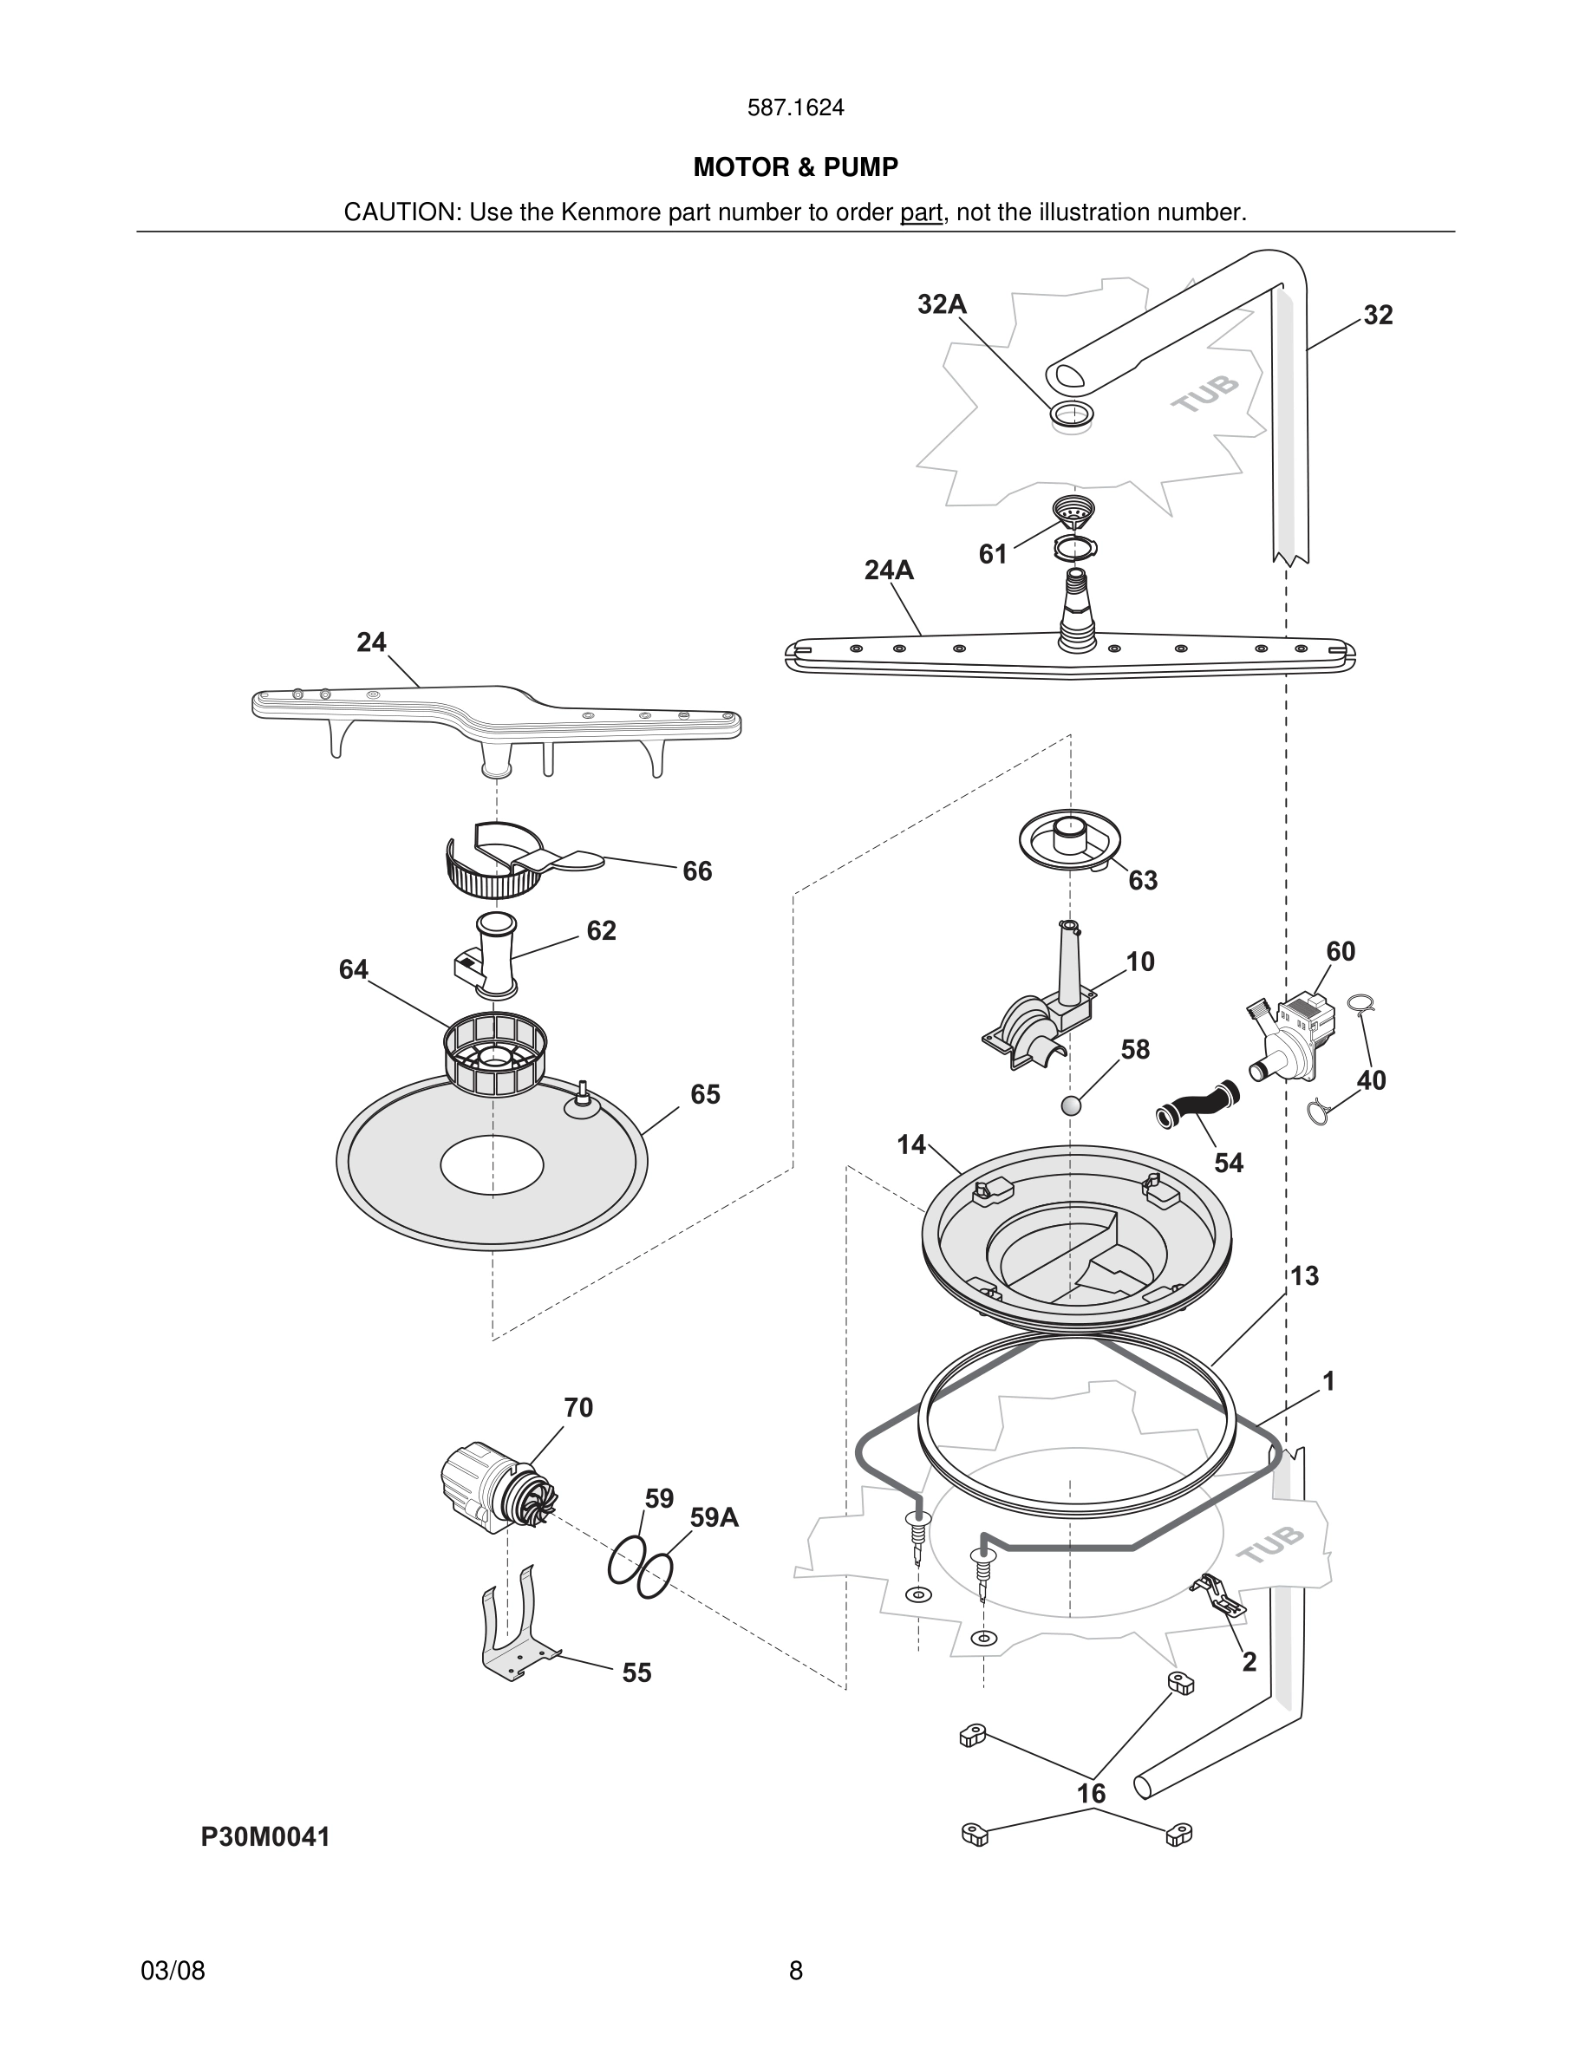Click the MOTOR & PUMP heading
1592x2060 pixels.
coord(795,167)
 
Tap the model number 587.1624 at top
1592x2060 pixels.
coord(795,108)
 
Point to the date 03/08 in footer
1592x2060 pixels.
coord(173,1971)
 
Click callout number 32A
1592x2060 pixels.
coord(942,303)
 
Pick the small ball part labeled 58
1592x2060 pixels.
coord(1072,1105)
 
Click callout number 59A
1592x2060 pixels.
coord(714,1517)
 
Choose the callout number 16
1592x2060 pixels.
coord(1091,1794)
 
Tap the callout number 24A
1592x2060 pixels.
coord(889,570)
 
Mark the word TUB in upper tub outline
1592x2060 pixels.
coord(1204,394)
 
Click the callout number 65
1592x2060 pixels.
coord(704,1094)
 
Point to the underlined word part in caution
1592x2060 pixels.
coord(921,212)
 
